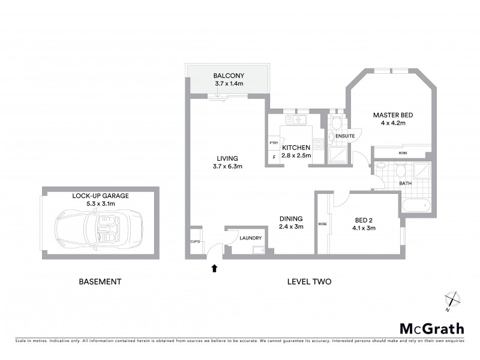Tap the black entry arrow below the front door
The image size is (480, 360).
[x=214, y=268]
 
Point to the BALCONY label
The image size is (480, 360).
[x=229, y=76]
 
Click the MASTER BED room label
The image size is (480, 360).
[x=393, y=115]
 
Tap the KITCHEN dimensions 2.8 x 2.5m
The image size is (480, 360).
[x=296, y=155]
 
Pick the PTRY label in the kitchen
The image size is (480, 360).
[x=274, y=143]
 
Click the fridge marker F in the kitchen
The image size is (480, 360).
[x=274, y=158]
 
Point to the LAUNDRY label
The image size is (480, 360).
[x=250, y=238]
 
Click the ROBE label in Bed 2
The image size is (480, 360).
[x=323, y=224]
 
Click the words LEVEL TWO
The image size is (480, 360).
[x=309, y=281]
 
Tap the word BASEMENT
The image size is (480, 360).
[x=100, y=281]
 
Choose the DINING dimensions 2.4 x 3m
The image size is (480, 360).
[x=291, y=227]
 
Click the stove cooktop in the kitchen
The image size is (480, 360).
[x=319, y=143]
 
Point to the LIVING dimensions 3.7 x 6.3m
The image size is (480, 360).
[x=228, y=166]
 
